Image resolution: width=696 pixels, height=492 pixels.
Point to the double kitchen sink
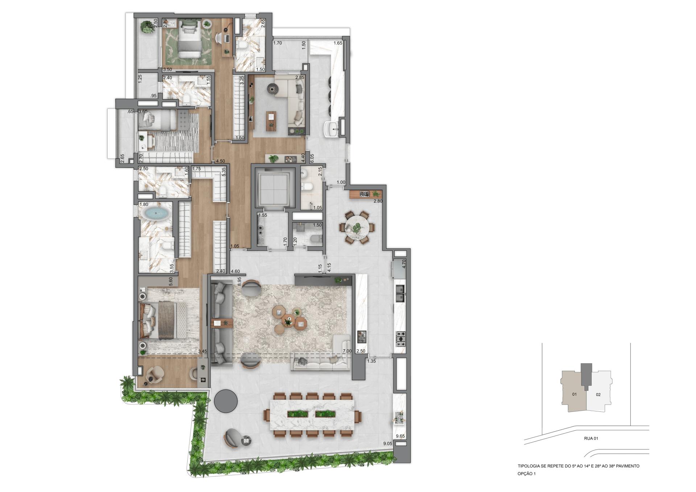coord(400,294)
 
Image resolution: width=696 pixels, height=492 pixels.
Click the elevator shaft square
coord(272,188)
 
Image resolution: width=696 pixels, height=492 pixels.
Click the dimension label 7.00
coord(347,351)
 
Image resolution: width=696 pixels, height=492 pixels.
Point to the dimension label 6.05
coord(312,158)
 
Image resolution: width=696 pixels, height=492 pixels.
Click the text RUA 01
coord(591,439)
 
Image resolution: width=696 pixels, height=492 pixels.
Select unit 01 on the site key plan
coord(574,394)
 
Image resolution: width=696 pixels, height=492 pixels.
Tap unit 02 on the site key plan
coord(598,394)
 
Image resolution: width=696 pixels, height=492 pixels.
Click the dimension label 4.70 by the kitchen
coord(405,263)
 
